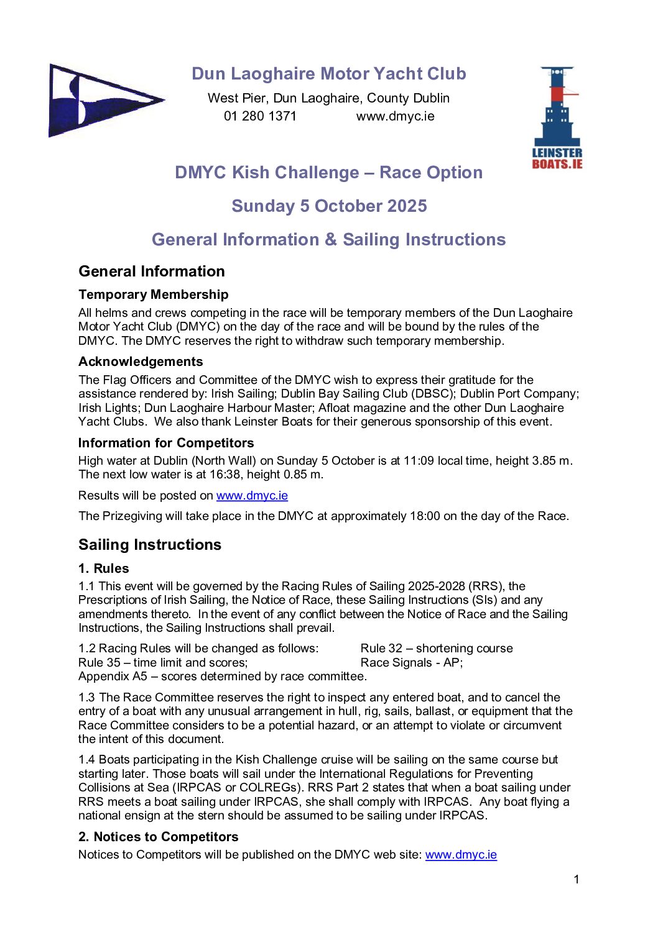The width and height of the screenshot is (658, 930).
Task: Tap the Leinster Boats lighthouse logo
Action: [557, 117]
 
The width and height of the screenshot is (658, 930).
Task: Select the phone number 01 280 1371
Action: [260, 116]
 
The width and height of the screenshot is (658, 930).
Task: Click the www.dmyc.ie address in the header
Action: [395, 116]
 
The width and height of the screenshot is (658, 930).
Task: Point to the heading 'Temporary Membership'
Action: [153, 294]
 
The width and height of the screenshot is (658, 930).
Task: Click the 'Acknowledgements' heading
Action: [141, 362]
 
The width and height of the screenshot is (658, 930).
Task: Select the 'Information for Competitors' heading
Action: [166, 443]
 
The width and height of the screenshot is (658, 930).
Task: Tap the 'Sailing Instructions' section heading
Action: [150, 545]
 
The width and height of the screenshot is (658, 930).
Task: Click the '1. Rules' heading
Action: [104, 568]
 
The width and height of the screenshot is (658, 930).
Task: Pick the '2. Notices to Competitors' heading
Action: [158, 837]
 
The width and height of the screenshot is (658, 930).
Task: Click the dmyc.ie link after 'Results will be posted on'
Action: [252, 496]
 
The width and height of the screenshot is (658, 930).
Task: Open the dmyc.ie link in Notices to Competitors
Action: [461, 855]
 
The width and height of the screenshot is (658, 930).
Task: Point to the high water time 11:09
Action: [420, 461]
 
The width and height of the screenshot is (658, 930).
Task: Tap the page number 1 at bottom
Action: [576, 879]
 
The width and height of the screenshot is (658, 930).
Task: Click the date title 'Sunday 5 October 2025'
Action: [329, 206]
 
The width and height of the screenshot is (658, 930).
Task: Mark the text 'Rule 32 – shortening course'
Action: [437, 649]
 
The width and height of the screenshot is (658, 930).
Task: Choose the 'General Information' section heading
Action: [152, 271]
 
